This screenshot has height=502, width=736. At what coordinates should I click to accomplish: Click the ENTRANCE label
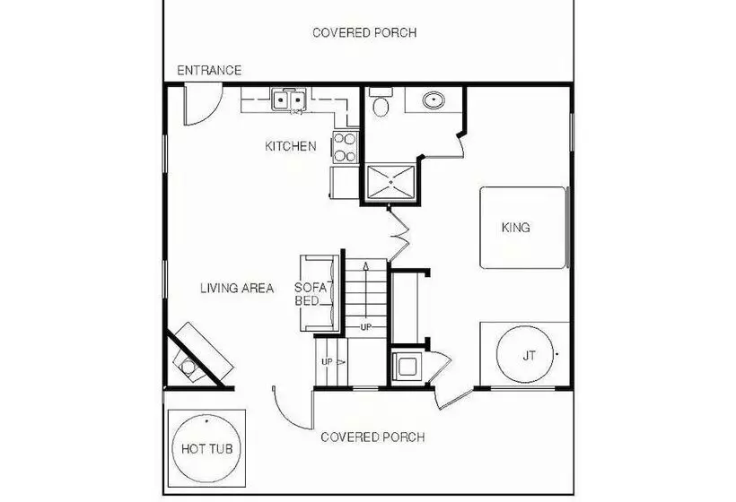click(x=209, y=70)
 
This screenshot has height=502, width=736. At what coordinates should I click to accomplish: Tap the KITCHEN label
click(x=291, y=146)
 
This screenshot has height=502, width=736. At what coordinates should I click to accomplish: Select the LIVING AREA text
click(x=237, y=288)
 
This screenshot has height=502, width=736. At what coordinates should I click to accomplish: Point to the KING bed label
click(x=516, y=228)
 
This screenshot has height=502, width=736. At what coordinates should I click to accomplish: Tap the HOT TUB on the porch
click(x=207, y=448)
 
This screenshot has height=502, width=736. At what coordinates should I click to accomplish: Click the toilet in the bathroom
click(x=381, y=104)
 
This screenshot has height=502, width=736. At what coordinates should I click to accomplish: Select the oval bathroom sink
click(x=434, y=100)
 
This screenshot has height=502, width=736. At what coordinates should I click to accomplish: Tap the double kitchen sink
click(x=289, y=99)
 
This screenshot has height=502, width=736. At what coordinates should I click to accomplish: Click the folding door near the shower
click(x=399, y=233)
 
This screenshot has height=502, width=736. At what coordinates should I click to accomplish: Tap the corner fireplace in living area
click(x=199, y=355)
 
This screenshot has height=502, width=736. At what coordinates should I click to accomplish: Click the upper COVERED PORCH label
click(x=364, y=33)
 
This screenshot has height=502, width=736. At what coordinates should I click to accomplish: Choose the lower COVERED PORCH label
click(x=372, y=437)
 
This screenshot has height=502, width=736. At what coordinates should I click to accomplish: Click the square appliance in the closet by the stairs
click(x=407, y=365)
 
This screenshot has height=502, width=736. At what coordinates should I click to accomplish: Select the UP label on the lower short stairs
click(x=328, y=362)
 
